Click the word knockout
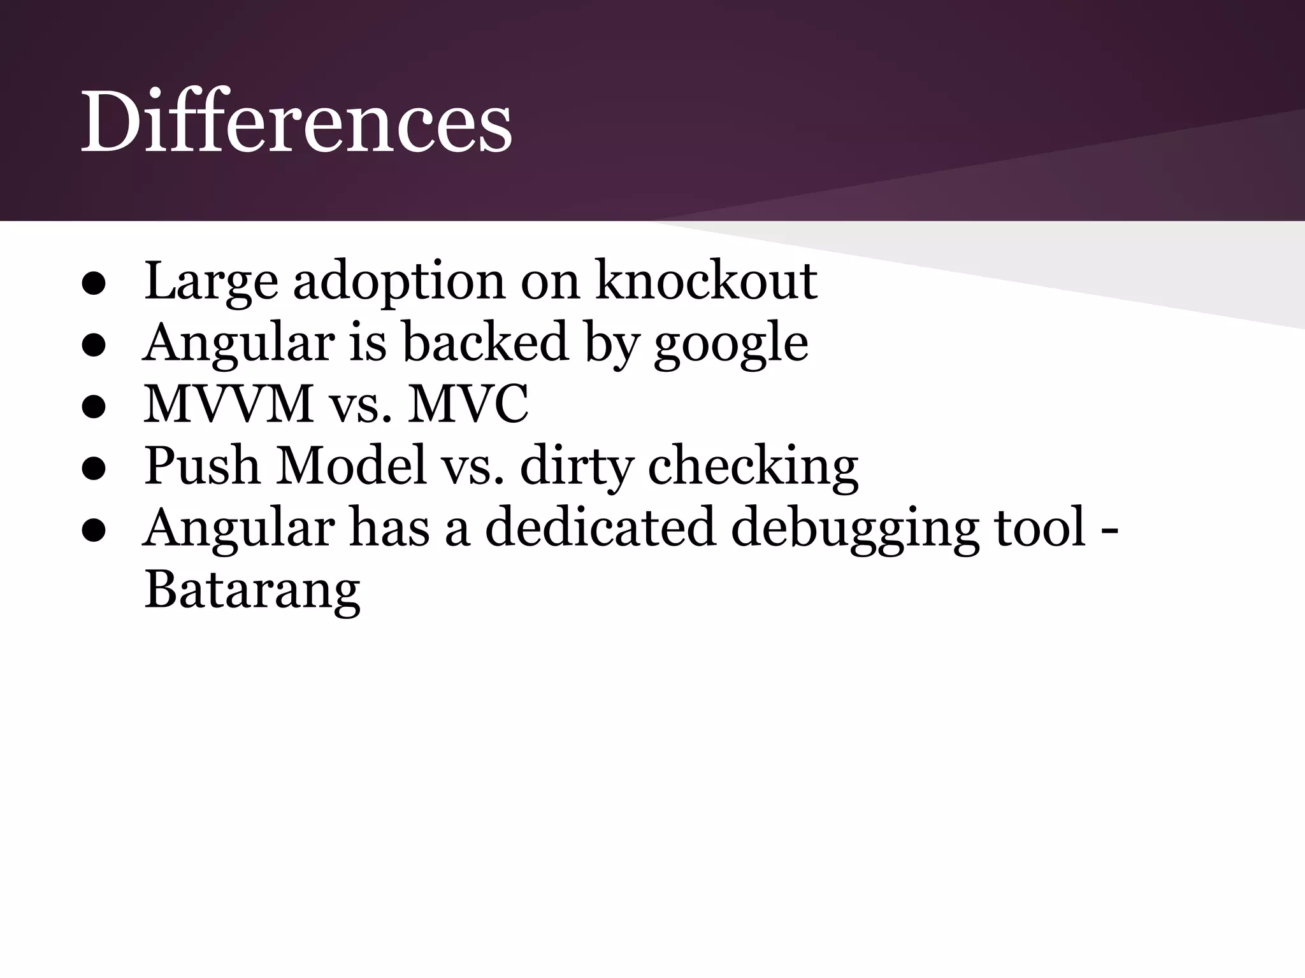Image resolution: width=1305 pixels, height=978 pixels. pos(706,281)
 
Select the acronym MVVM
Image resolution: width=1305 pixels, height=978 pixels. pos(229,404)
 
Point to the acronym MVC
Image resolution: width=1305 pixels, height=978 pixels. pos(468,404)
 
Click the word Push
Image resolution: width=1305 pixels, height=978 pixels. pos(202,466)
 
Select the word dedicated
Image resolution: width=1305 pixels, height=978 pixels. pos(600,528)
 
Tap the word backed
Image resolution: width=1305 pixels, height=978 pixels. pos(485,343)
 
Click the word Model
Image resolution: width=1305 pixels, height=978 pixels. pos(350,466)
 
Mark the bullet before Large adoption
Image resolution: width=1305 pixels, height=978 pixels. pos(93,285)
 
